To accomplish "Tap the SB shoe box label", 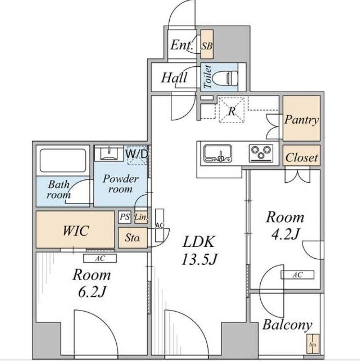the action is pos(207,46).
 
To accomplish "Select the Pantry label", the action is pos(301,120).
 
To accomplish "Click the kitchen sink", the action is pos(218,153).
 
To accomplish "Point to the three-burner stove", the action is pos(261,153).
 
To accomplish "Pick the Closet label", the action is pos(301,158).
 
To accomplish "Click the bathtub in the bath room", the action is pos(63,160).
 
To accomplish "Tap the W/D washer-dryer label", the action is pos(137,154).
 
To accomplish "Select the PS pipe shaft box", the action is pos(125,217).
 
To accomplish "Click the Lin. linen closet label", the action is pos(141,217).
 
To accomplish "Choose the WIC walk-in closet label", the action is pos(76,230).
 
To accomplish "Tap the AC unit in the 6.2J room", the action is pos(100,259).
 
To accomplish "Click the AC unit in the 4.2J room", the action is pos(297,275).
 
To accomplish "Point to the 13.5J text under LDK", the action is pos(199,259).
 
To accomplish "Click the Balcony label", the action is pos(287,325).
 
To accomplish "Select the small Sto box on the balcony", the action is pos(313,344).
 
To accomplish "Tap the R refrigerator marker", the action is pos(231,111).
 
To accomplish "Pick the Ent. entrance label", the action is pos(182,45).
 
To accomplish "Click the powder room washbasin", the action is pos(109,153).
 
